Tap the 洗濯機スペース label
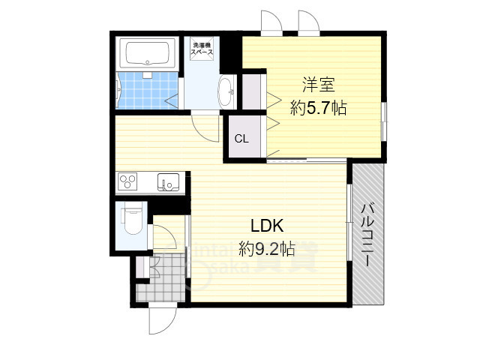202,49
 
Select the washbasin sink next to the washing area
225,94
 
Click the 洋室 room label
318,84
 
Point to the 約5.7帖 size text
318,107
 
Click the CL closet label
241,139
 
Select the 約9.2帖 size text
266,247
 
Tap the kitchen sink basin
166,181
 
